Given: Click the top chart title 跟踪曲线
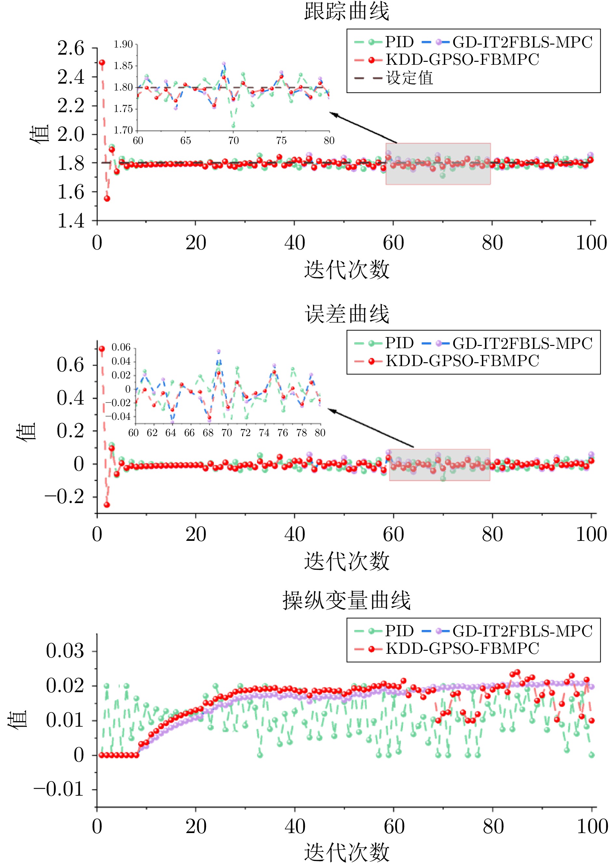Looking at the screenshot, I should pos(347,11).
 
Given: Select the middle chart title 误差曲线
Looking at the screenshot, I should pos(347,314).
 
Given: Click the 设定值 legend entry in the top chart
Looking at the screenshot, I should pos(409,78).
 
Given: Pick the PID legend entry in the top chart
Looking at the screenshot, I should pos(399,42).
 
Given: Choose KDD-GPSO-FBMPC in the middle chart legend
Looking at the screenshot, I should pos(462,361).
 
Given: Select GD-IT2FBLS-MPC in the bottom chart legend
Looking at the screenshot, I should pos(522,631).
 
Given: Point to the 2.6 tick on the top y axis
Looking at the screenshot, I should pos(71,48).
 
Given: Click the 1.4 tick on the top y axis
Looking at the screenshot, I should pos(71,221).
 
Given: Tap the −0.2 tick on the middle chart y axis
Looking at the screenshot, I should pos(65,497).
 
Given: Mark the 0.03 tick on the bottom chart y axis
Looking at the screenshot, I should pos(65,651).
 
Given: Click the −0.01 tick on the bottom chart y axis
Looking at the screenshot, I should pos(59,789).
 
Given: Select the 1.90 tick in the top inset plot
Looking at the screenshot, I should pos(123,44).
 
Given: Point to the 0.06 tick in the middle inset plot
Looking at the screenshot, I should pos(121,347).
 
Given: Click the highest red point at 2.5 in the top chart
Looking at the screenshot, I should pos(102,62).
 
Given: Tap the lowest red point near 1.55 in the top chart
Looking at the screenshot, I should pos(107,199).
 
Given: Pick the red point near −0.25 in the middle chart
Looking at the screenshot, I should pos(107,505).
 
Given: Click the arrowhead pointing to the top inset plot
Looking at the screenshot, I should pos(332,113).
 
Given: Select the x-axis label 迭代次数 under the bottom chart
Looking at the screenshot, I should pos(347,852).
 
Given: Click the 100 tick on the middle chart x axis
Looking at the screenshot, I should pos(591,534).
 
